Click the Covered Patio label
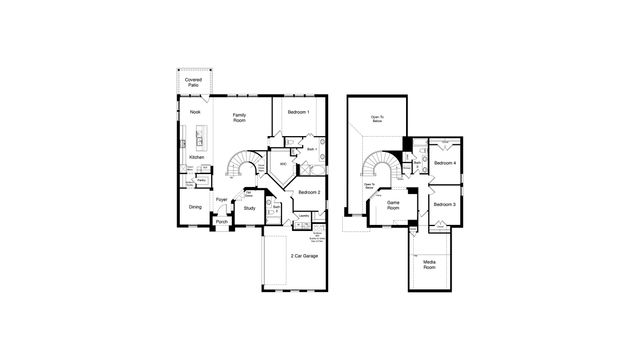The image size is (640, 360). point(194,82)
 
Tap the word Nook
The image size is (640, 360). point(195,112)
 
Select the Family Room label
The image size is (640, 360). point(240,118)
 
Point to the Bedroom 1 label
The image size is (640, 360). point(298,112)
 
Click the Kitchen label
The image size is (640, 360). point(197,157)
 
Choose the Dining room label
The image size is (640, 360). point(196,207)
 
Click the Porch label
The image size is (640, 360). point(222,222)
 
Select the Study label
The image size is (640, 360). point(249,208)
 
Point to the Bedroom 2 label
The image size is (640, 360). point(309,191)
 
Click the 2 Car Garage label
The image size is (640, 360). point(304,257)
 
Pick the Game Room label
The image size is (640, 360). point(393,204)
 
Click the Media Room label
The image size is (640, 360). point(429,265)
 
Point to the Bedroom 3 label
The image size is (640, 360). point(445,204)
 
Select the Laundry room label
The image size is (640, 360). point(303,215)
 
